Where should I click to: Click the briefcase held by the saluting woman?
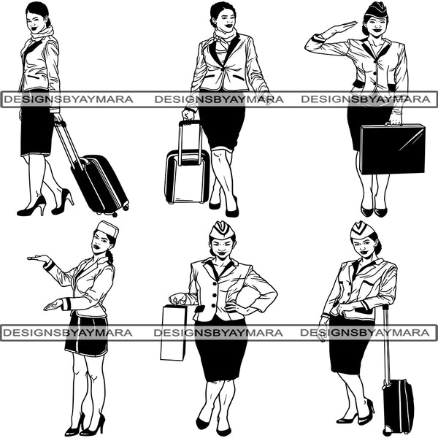[x=392, y=149]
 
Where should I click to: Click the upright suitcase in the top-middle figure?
[x=187, y=176]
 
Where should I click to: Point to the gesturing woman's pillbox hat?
[x=108, y=229]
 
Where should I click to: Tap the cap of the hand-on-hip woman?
[x=222, y=230]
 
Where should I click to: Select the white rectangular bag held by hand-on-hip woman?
[x=173, y=332]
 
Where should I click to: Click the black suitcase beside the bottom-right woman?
[x=398, y=406]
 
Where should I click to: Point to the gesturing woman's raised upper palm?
[x=37, y=258]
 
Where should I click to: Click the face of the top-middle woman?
[x=219, y=18]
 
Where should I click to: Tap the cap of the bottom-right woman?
[x=362, y=230]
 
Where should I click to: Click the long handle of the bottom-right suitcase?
[x=386, y=343]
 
